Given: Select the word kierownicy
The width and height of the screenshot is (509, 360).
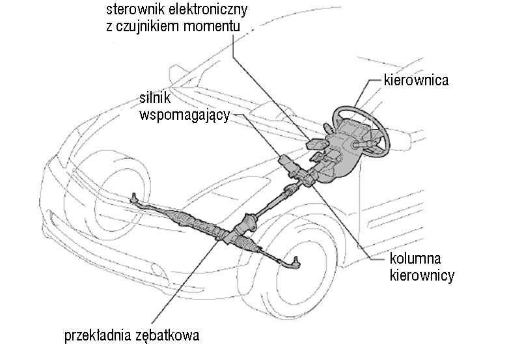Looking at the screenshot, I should pos(422,275).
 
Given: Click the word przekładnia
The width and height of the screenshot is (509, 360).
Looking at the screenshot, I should pos(102,336).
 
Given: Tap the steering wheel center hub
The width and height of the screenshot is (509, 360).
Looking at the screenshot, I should pos(357,142).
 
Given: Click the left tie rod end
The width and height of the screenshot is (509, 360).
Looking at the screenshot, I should pos(135,197).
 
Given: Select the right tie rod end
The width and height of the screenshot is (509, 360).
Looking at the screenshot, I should pos(294,262).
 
